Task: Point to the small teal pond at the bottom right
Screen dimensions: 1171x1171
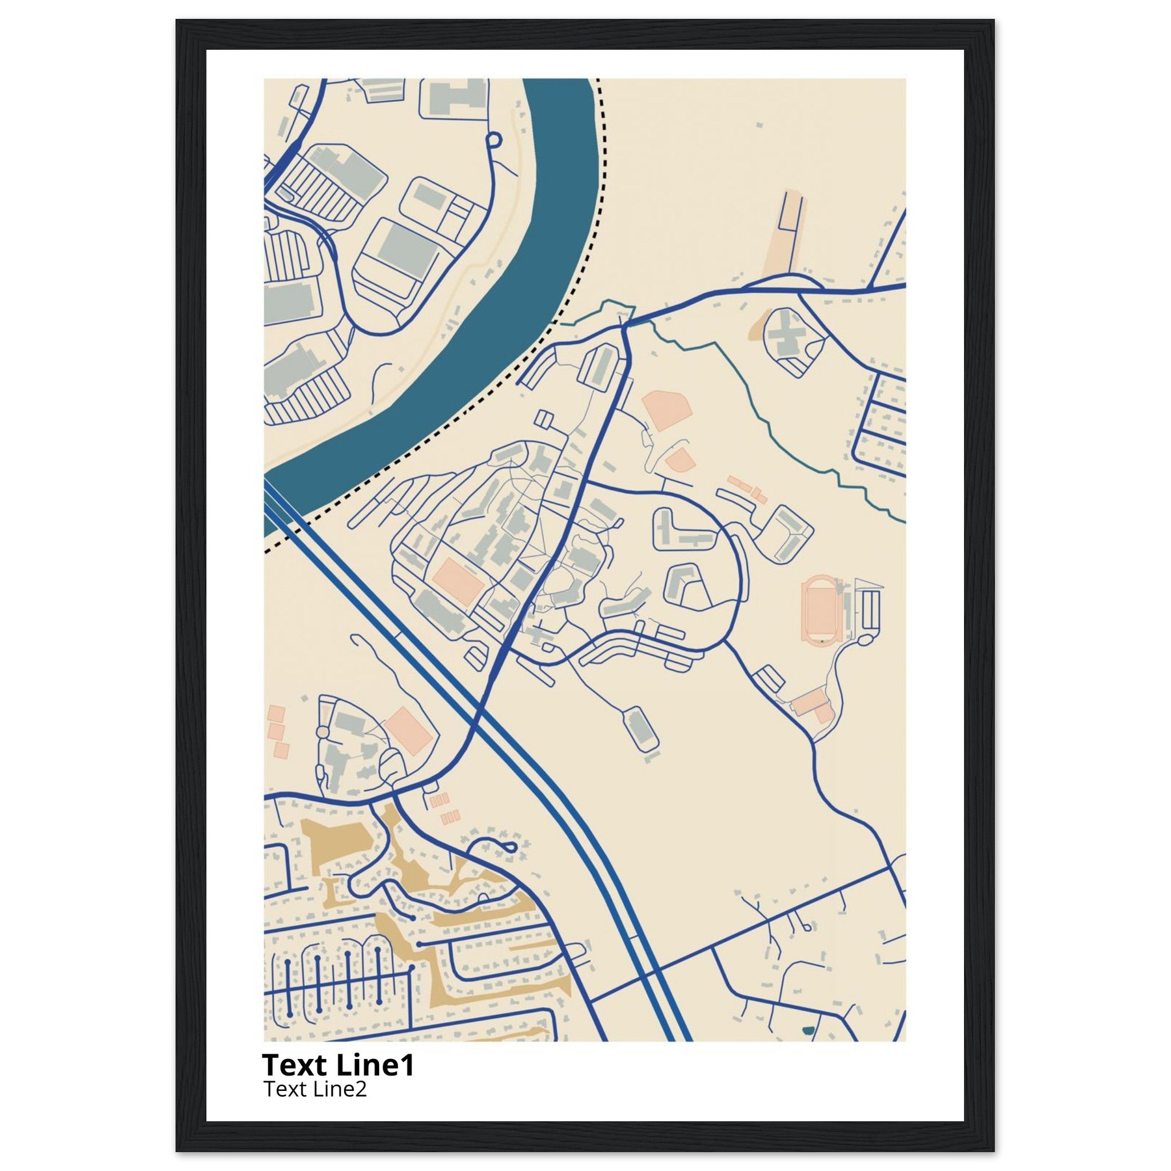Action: [807, 1030]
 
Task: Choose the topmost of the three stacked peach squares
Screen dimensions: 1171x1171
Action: [276, 713]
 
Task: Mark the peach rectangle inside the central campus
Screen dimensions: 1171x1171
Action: [457, 580]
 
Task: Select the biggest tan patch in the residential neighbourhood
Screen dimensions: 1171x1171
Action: [340, 844]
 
